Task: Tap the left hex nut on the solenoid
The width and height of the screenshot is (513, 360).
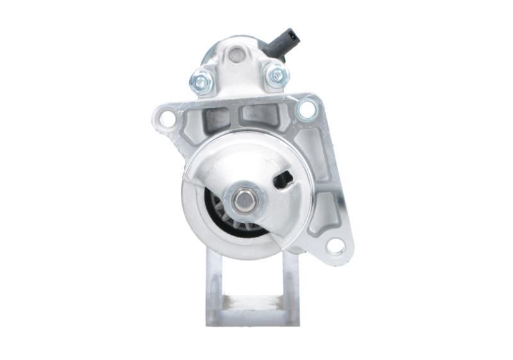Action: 201,81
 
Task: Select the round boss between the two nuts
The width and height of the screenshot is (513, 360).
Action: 237,56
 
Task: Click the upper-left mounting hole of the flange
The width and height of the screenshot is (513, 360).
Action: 167,119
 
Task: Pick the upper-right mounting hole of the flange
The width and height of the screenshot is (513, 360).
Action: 307,109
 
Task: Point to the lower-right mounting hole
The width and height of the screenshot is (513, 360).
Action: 335,245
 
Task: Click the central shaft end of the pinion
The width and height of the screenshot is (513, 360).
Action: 243,200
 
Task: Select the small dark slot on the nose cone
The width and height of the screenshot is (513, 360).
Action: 283,180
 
